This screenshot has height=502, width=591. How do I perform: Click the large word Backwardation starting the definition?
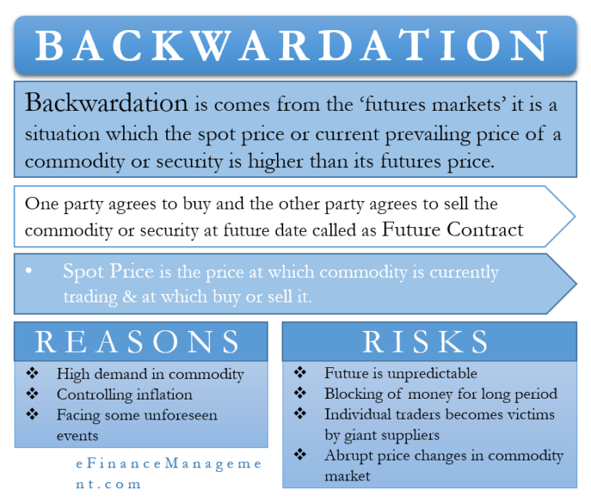click(x=106, y=102)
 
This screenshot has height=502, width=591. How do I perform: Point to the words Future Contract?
click(x=452, y=229)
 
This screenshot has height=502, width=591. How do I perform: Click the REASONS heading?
click(x=139, y=342)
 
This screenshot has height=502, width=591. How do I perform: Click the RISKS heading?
click(x=426, y=342)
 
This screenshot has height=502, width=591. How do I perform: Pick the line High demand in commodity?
click(x=150, y=374)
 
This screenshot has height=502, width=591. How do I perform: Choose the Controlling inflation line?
click(x=125, y=394)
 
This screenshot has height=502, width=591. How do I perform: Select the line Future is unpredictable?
click(x=401, y=373)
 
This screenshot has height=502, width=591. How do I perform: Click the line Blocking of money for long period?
click(x=441, y=394)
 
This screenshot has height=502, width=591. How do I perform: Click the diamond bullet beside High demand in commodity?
click(x=32, y=374)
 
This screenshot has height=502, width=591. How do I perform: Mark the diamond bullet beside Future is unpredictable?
click(x=300, y=373)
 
